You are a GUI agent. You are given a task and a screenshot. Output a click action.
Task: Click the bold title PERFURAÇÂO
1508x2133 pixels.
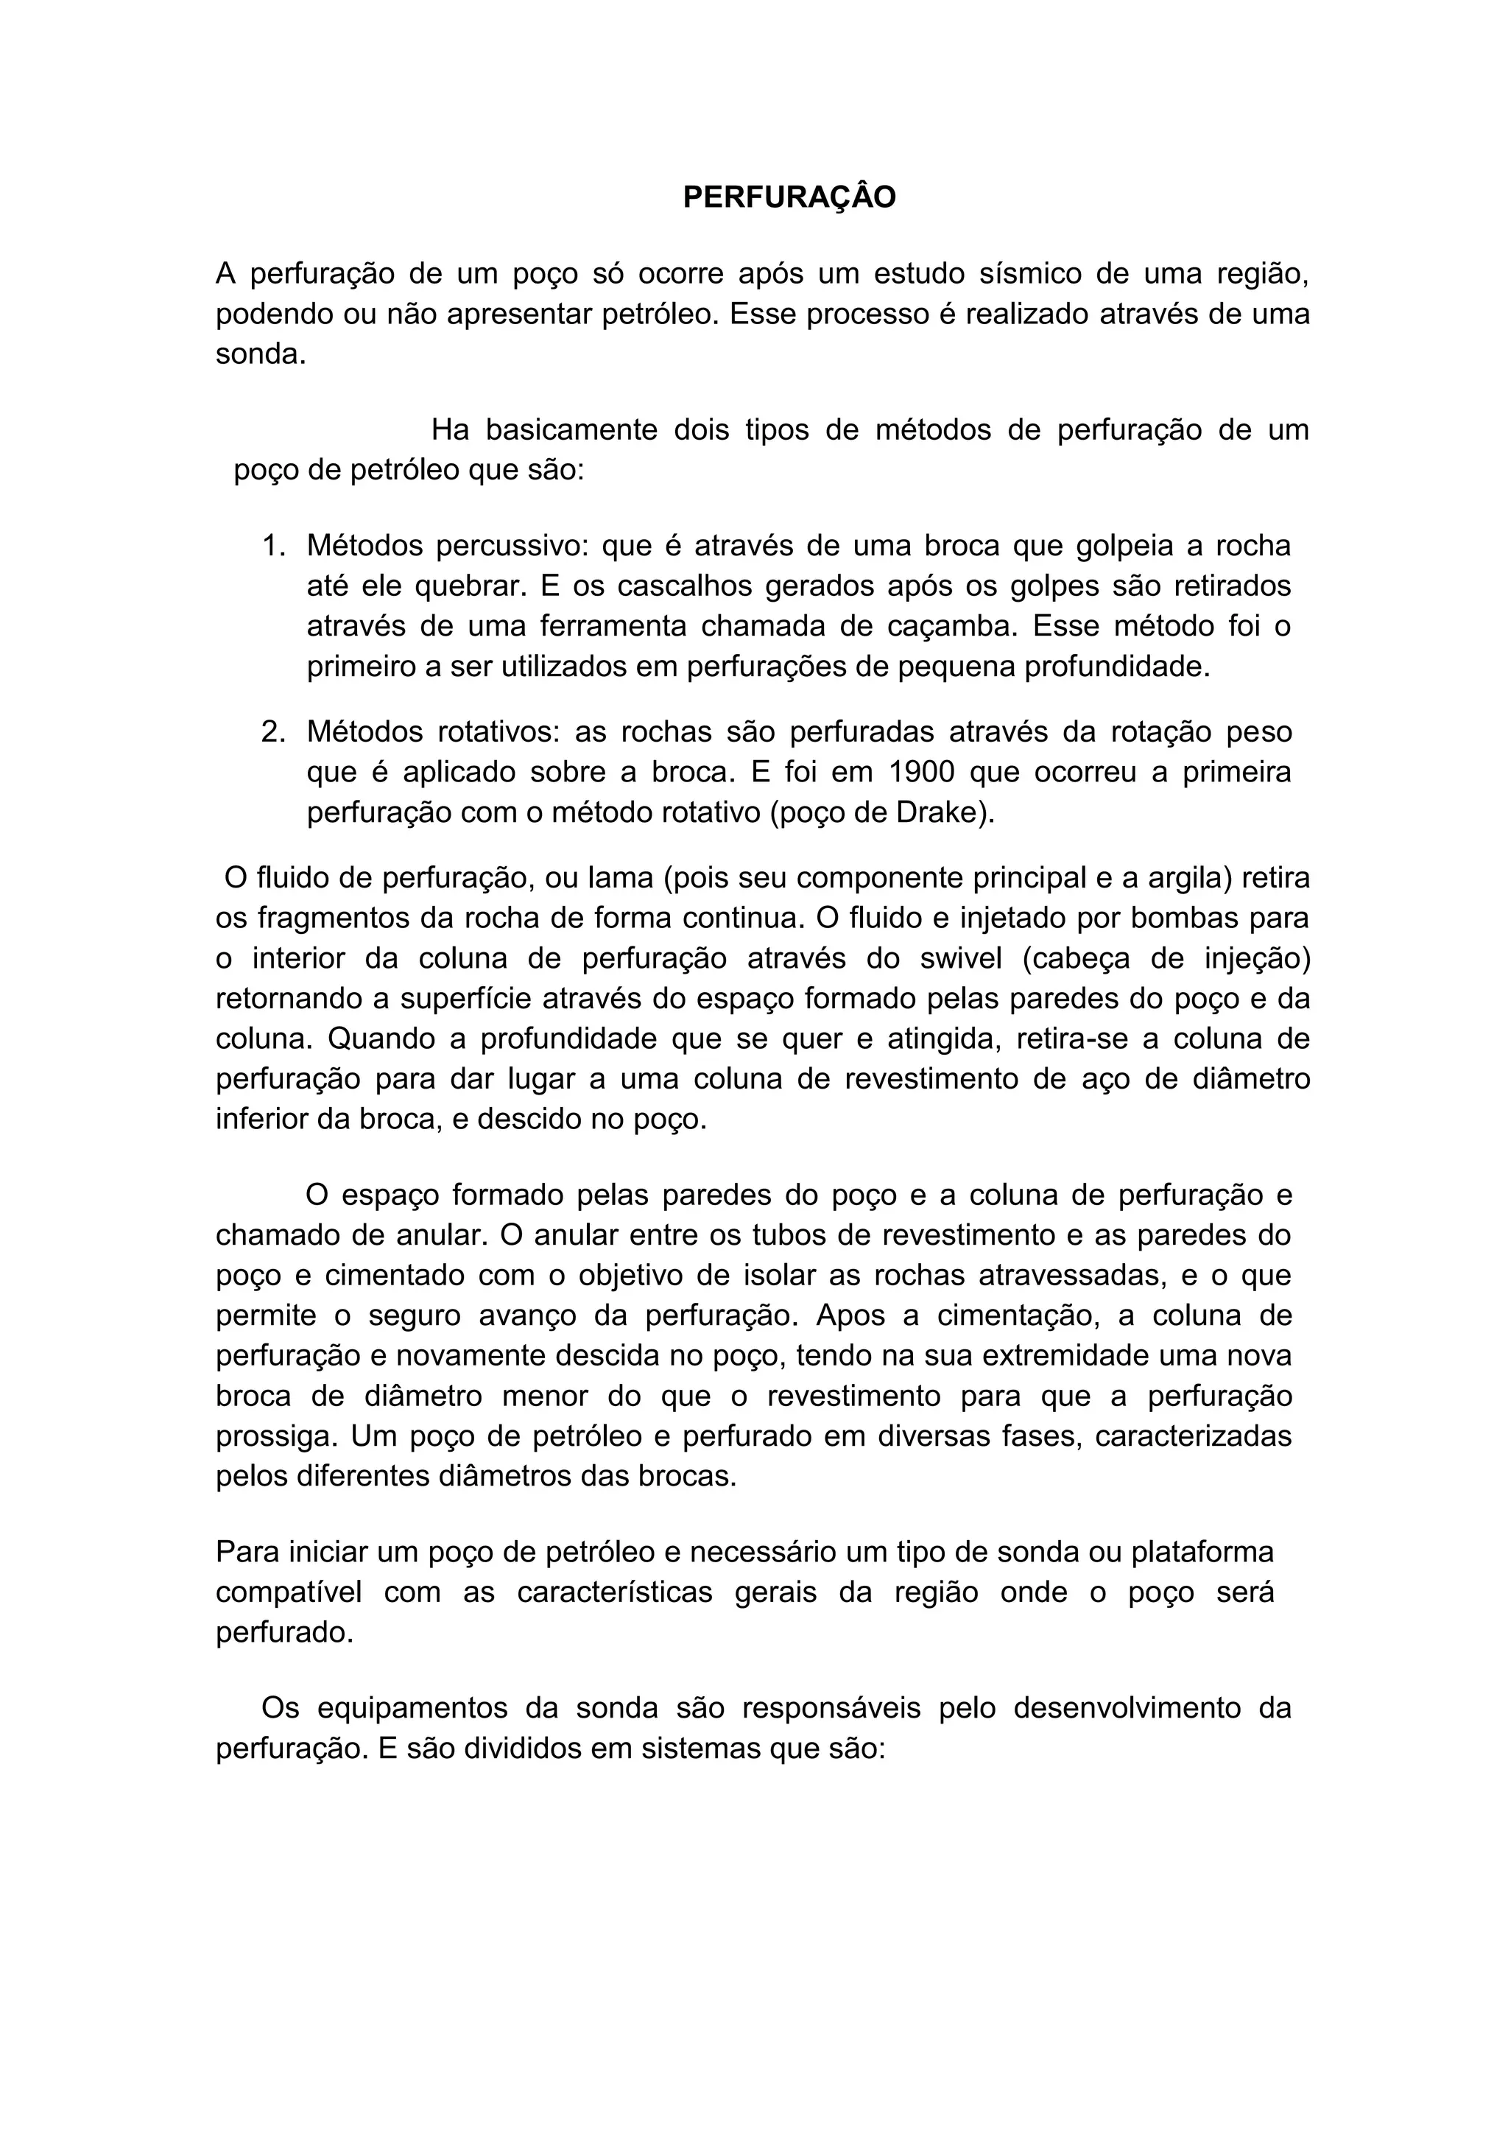789,197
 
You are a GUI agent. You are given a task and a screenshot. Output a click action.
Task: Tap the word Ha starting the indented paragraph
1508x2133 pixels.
451,429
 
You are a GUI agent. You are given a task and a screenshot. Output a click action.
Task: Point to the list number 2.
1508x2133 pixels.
274,732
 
